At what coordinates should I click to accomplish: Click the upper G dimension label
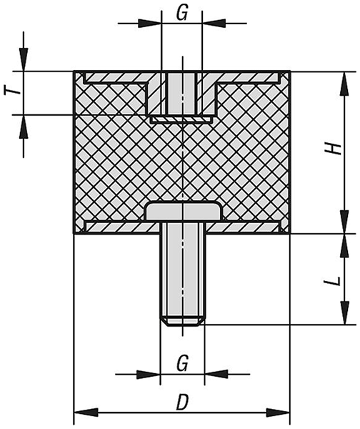click(182, 14)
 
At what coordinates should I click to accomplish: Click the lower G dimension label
click(182, 364)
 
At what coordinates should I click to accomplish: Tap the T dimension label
click(12, 89)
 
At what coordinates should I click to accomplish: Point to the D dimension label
click(182, 402)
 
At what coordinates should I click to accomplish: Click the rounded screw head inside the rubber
click(182, 211)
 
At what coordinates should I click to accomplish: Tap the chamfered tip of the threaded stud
click(182, 322)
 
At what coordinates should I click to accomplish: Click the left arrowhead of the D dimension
click(86, 412)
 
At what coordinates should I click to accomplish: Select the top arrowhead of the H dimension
click(345, 84)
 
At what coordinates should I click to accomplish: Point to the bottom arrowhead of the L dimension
click(345, 312)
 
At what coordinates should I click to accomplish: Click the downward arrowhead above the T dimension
click(24, 59)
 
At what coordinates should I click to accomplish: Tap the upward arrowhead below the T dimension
click(24, 127)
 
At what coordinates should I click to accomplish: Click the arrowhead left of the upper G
click(150, 24)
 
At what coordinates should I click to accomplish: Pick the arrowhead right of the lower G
click(216, 374)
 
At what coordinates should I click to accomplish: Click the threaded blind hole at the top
click(181, 94)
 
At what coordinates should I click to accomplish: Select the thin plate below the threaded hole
click(181, 119)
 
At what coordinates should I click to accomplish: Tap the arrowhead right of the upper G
click(214, 24)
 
